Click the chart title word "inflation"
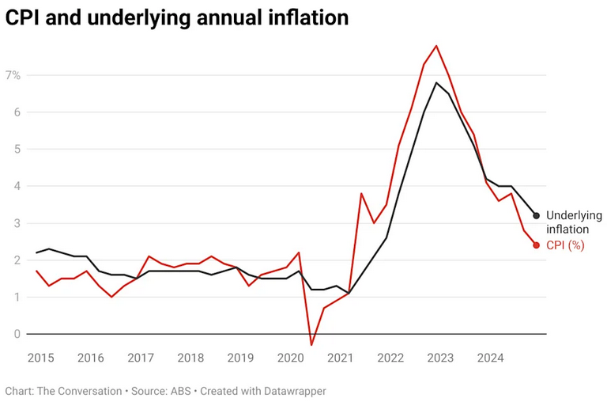[307, 17]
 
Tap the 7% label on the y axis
[13, 75]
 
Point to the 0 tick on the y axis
[16, 334]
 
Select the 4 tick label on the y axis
[16, 186]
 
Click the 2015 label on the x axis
[40, 358]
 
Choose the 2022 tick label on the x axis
[390, 358]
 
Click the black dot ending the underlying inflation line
[536, 215]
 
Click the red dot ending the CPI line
[536, 245]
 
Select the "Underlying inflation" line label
[574, 222]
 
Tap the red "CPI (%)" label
[565, 245]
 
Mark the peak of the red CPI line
[436, 46]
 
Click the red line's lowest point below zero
[311, 345]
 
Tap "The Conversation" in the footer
[80, 391]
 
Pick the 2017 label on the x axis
[141, 358]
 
